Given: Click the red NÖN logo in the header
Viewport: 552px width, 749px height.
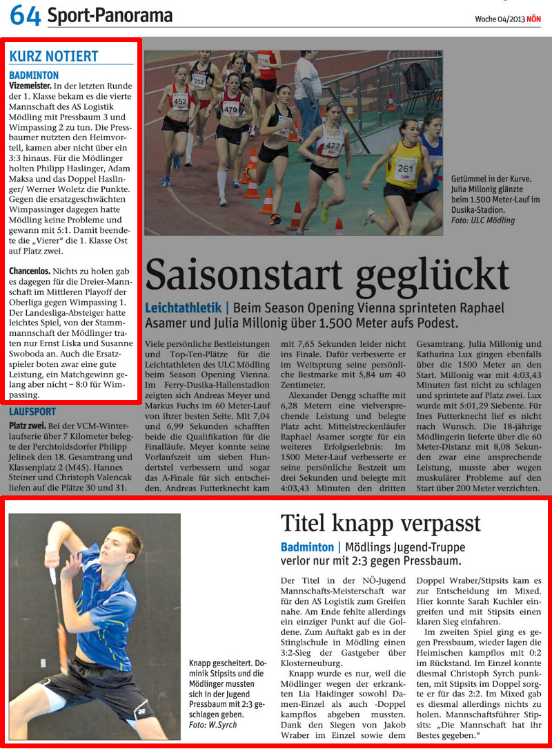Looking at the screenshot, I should (534, 19).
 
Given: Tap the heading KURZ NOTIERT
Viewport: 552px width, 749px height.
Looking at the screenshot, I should (54, 57).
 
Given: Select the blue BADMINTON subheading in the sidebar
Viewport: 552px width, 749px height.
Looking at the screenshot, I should (34, 75).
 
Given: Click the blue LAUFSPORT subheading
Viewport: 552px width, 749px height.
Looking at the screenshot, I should (32, 412).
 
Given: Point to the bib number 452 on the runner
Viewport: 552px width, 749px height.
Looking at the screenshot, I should (180, 102).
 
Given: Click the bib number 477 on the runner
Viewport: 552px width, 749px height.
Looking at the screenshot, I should (333, 146).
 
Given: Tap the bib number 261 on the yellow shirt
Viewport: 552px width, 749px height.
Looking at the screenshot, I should (405, 169).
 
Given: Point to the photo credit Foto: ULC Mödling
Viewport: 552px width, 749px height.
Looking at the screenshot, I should (483, 220).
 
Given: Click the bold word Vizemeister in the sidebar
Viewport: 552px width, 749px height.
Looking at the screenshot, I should (30, 86).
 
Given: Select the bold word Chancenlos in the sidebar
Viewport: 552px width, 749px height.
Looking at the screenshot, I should (30, 272).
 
